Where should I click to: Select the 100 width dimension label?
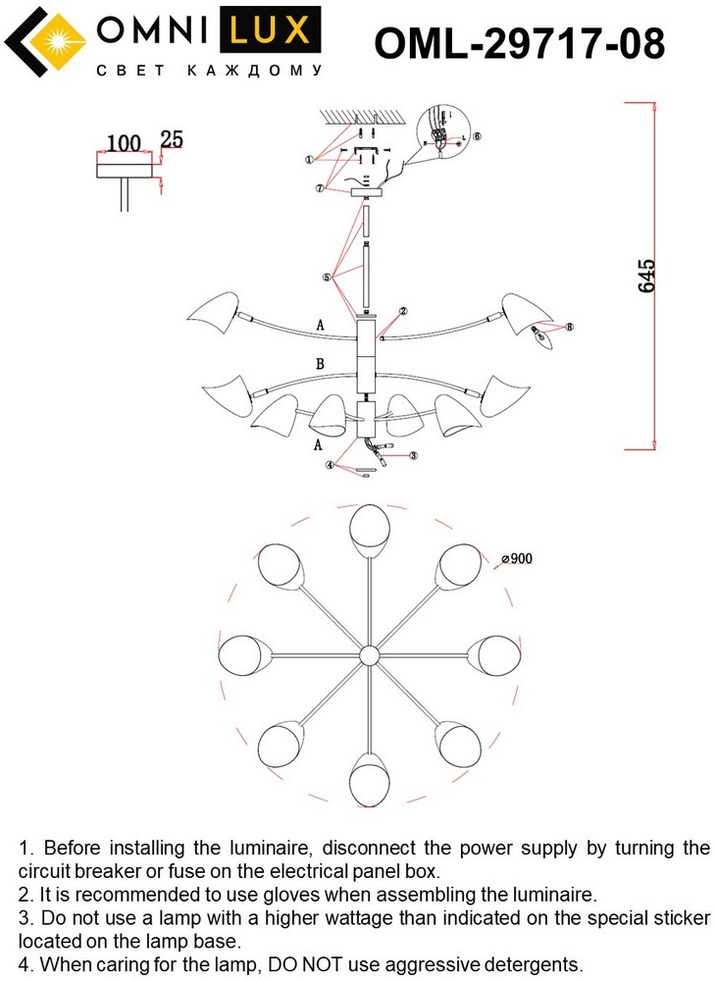pos(124,143)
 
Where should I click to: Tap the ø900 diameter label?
pos(516,559)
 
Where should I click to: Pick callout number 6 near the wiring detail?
pos(477,136)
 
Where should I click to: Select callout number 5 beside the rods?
pos(326,278)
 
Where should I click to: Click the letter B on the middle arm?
pos(320,364)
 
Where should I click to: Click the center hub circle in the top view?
pos(369,654)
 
